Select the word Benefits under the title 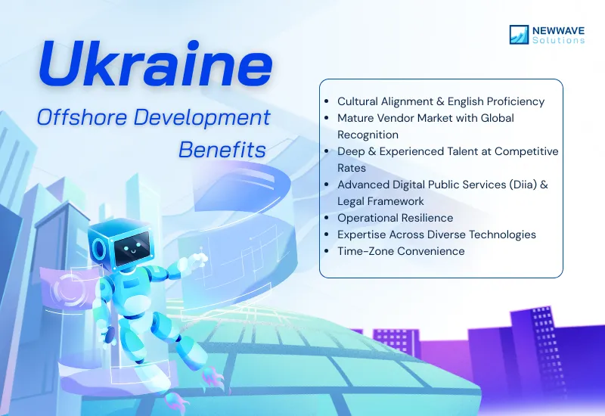(222, 149)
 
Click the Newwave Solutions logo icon (520, 34)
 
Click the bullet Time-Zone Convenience (401, 251)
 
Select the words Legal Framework (380, 201)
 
